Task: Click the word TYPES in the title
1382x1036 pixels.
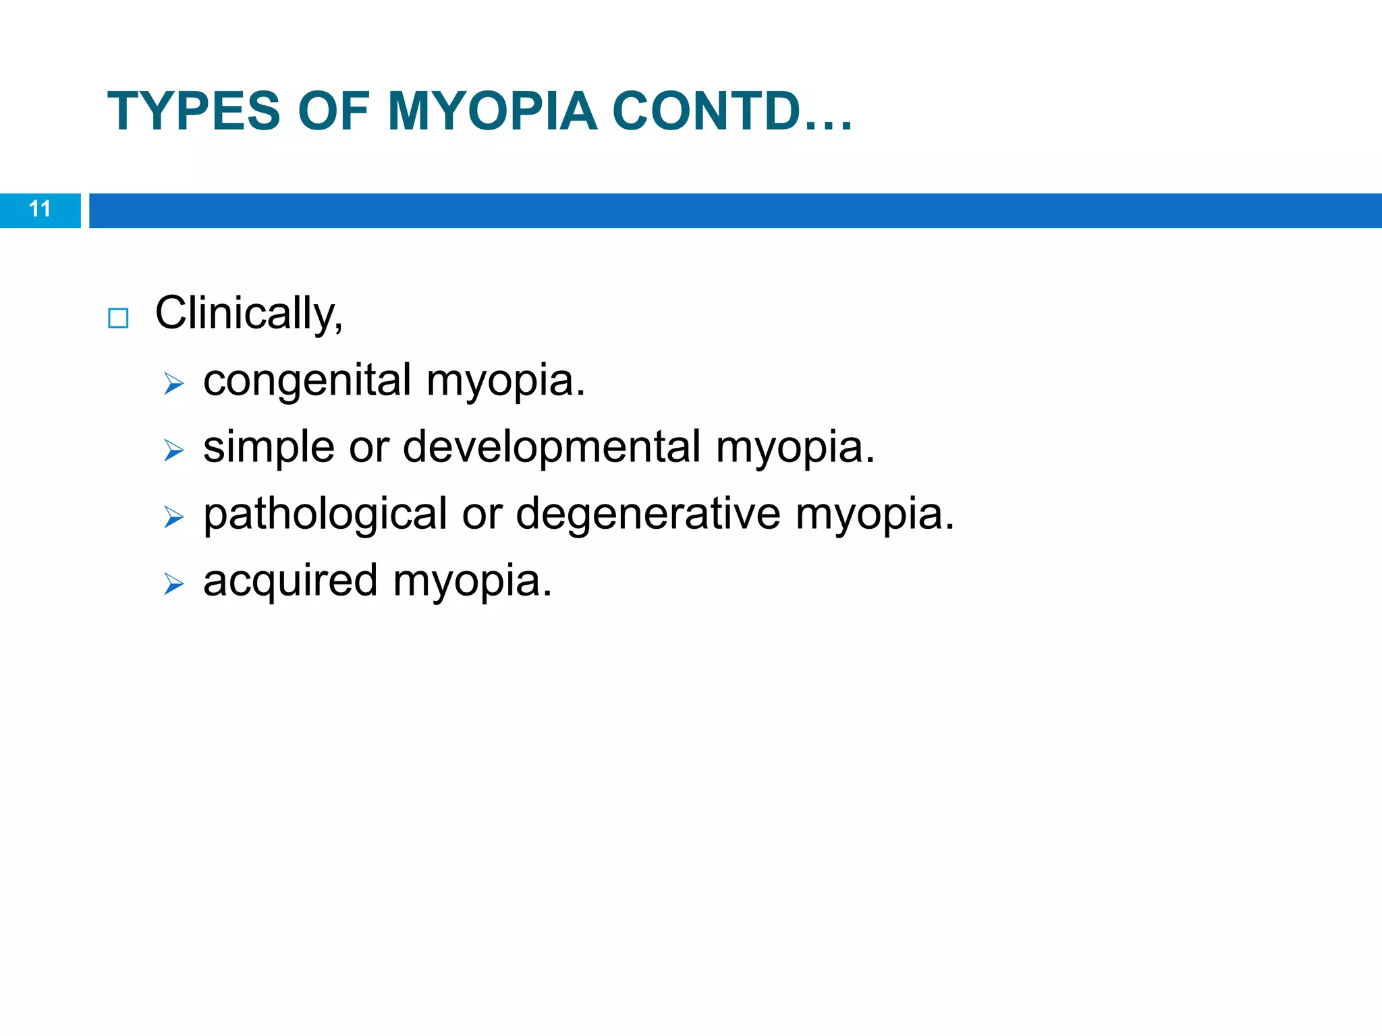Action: click(193, 111)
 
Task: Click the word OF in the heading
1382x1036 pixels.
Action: click(333, 111)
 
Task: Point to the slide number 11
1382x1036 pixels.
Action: click(40, 209)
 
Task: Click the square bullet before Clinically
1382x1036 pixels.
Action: click(118, 318)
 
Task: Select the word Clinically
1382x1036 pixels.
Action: click(248, 314)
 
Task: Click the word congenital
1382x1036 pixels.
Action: click(307, 381)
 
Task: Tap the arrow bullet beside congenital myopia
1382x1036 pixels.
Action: click(173, 384)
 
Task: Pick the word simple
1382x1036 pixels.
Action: click(269, 447)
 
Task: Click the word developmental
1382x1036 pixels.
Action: click(551, 447)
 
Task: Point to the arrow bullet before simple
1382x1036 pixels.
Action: click(173, 451)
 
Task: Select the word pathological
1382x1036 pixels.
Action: click(325, 515)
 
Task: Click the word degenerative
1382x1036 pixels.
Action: click(648, 515)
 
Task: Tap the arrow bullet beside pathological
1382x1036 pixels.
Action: click(173, 517)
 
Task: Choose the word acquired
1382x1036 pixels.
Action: click(290, 581)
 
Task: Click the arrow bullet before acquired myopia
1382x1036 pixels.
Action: click(173, 584)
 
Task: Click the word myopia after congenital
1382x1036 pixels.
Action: click(505, 381)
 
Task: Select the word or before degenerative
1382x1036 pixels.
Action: click(482, 515)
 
